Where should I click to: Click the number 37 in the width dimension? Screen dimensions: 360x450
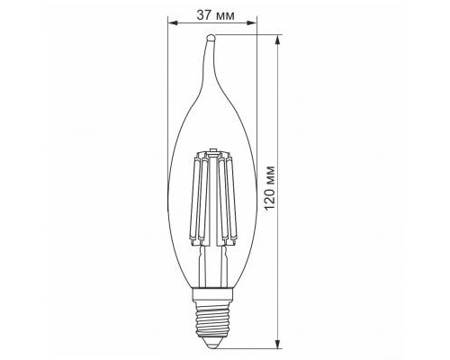[201, 14]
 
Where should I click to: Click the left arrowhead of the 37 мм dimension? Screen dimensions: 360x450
[171, 26]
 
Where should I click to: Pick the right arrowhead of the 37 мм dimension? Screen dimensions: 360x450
[254, 26]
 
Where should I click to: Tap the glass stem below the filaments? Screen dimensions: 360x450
[212, 265]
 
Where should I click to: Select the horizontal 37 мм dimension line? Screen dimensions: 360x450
[212, 26]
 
